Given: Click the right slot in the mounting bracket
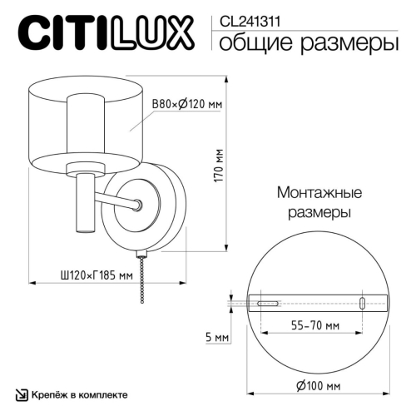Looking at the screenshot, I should click(x=362, y=304).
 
